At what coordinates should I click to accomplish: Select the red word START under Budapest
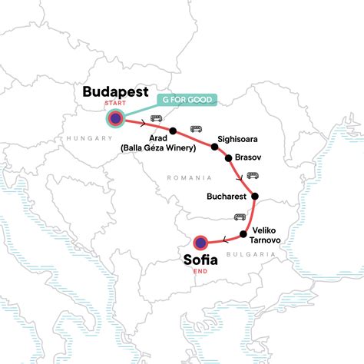[117, 104]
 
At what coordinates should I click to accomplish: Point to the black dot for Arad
[174, 130]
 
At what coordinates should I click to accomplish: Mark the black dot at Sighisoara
[215, 144]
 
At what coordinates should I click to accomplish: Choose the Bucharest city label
[227, 197]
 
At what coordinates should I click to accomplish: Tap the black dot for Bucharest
[255, 195]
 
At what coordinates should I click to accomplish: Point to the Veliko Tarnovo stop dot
[243, 233]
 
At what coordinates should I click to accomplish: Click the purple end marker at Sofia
[200, 242]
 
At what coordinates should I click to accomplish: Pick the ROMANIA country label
[187, 178]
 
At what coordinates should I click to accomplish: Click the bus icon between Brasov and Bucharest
[252, 175]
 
